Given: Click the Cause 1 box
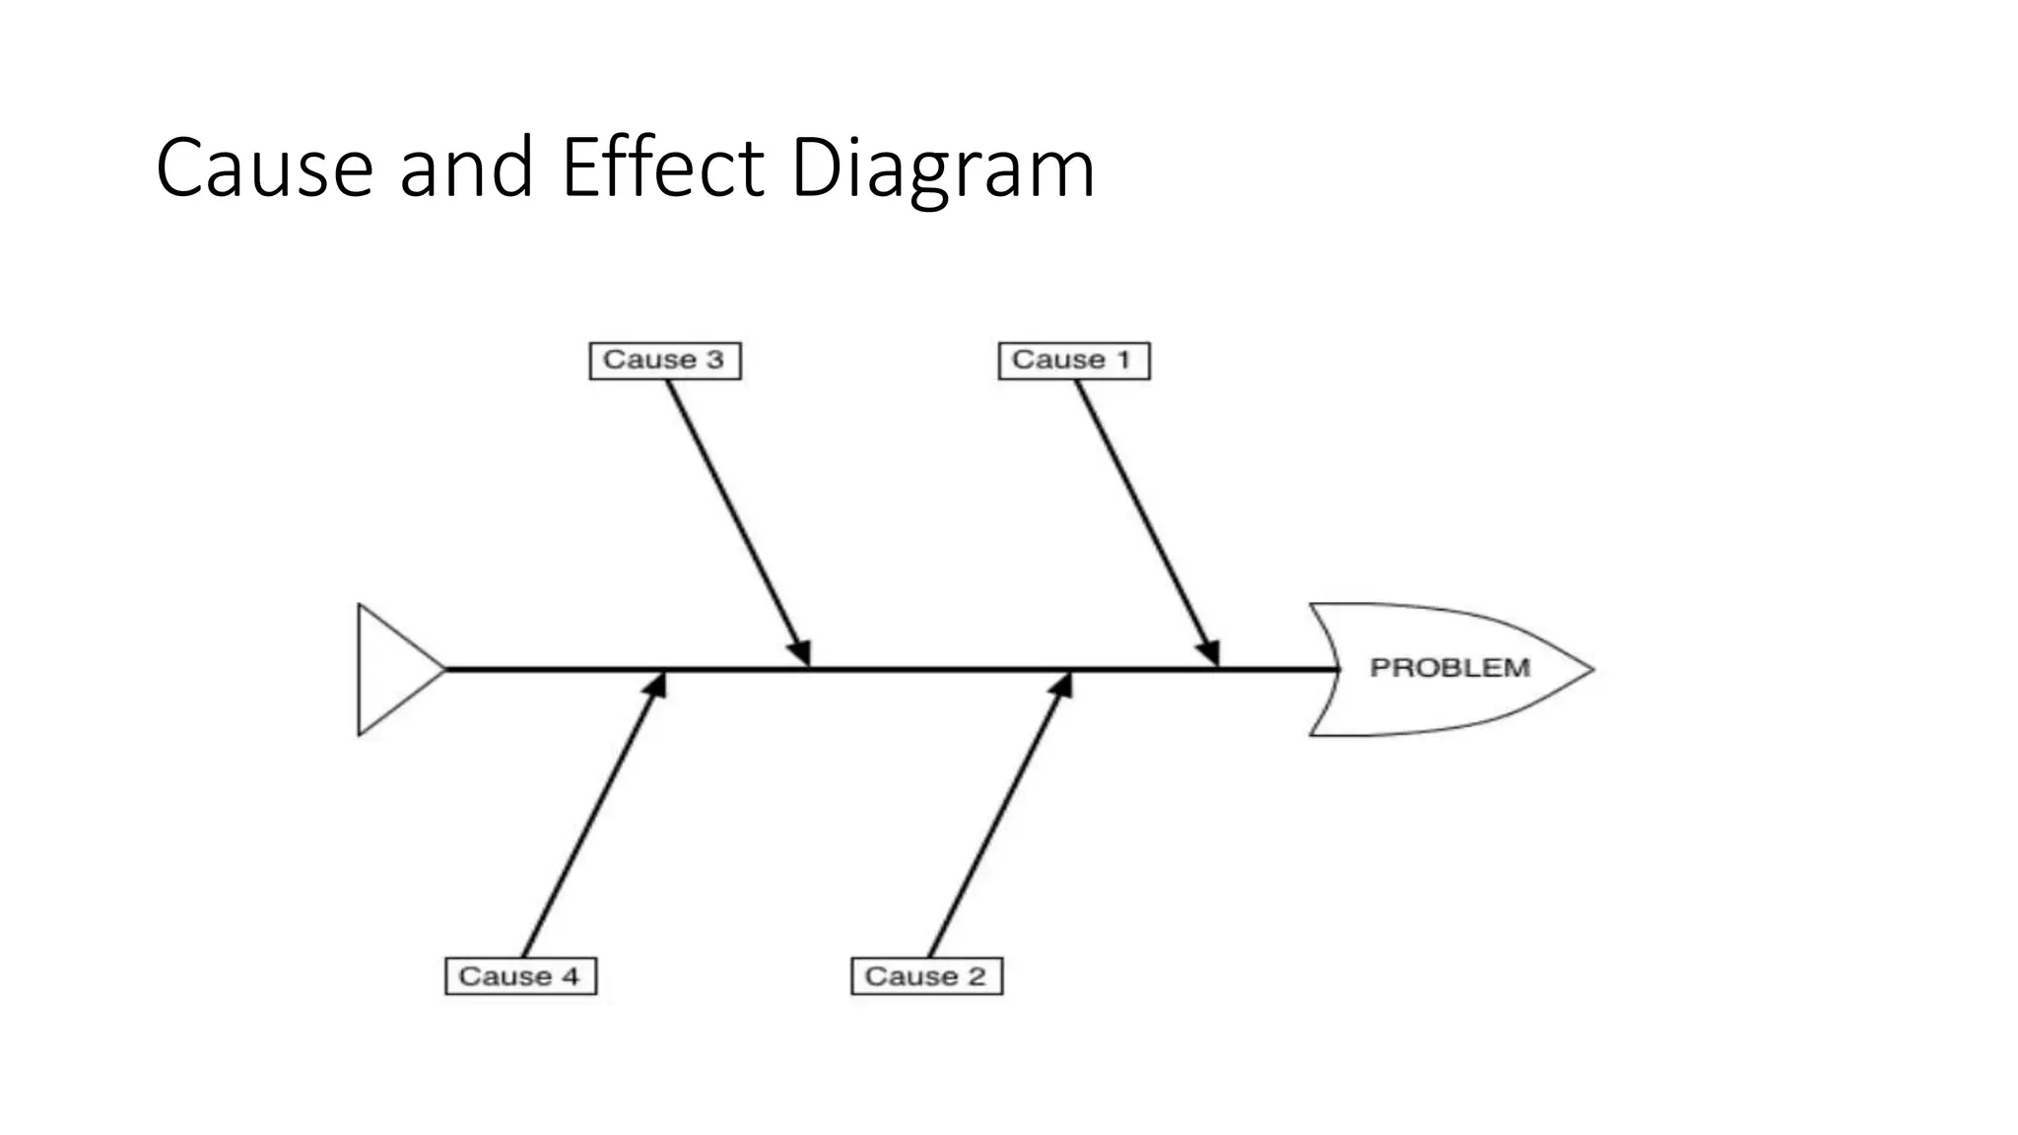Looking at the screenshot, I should pos(1073,361).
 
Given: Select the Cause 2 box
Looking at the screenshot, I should pos(926,976).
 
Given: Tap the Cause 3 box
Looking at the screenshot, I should pos(665,361).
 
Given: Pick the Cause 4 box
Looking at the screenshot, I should pos(520,976).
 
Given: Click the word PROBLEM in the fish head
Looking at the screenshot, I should pos(1449,668).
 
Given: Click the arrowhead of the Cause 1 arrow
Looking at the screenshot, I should pos(1210,653).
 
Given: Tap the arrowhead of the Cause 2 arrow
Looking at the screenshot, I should pos(1061,686).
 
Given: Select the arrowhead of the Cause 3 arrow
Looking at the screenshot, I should pos(800,653).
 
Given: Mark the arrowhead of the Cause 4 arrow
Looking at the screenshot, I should pos(655,686).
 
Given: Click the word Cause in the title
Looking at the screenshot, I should pos(264,167).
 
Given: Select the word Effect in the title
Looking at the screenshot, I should pos(662,167).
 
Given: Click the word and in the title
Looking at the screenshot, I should pos(466,167).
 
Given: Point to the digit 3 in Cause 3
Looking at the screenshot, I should pos(714,360).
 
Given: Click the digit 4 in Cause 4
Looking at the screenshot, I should pos(570,976).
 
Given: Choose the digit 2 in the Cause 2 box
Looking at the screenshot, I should pos(975,976).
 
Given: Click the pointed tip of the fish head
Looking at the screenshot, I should pos(1590,669).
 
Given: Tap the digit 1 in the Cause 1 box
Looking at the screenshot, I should pos(1123,360).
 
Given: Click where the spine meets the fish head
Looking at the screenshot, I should pos(1338,669).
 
